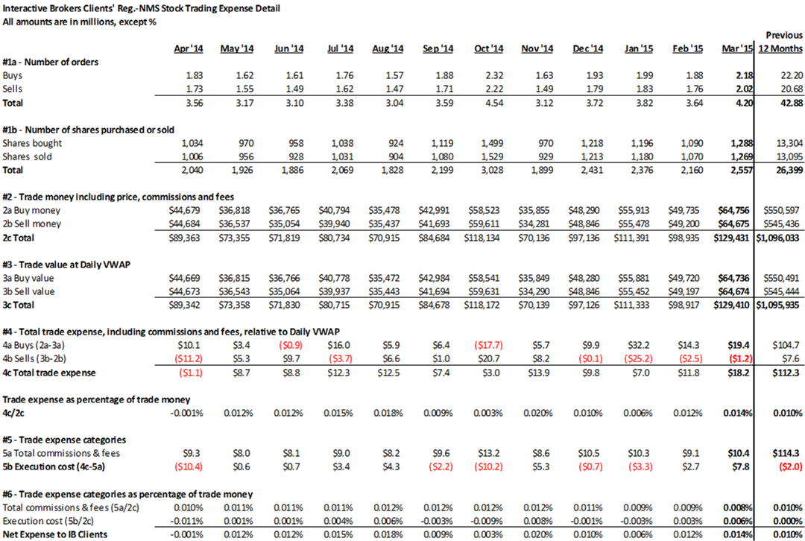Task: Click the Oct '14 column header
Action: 489,48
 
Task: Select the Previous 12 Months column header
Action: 780,42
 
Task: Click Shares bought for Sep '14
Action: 443,143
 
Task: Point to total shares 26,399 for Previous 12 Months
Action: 789,170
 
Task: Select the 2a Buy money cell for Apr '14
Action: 184,210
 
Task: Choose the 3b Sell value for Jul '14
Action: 334,291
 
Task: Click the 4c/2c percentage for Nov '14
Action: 538,413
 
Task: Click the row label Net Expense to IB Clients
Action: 55,534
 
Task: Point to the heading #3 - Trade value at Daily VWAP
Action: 66,265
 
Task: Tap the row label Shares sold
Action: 28,156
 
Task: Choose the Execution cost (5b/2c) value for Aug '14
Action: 388,521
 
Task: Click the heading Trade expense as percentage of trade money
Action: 96,399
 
